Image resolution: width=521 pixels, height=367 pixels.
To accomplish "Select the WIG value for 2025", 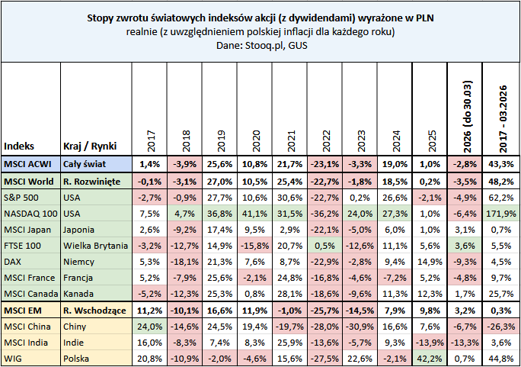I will click(x=430, y=358).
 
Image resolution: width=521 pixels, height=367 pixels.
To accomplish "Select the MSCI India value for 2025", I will click(x=430, y=343).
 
